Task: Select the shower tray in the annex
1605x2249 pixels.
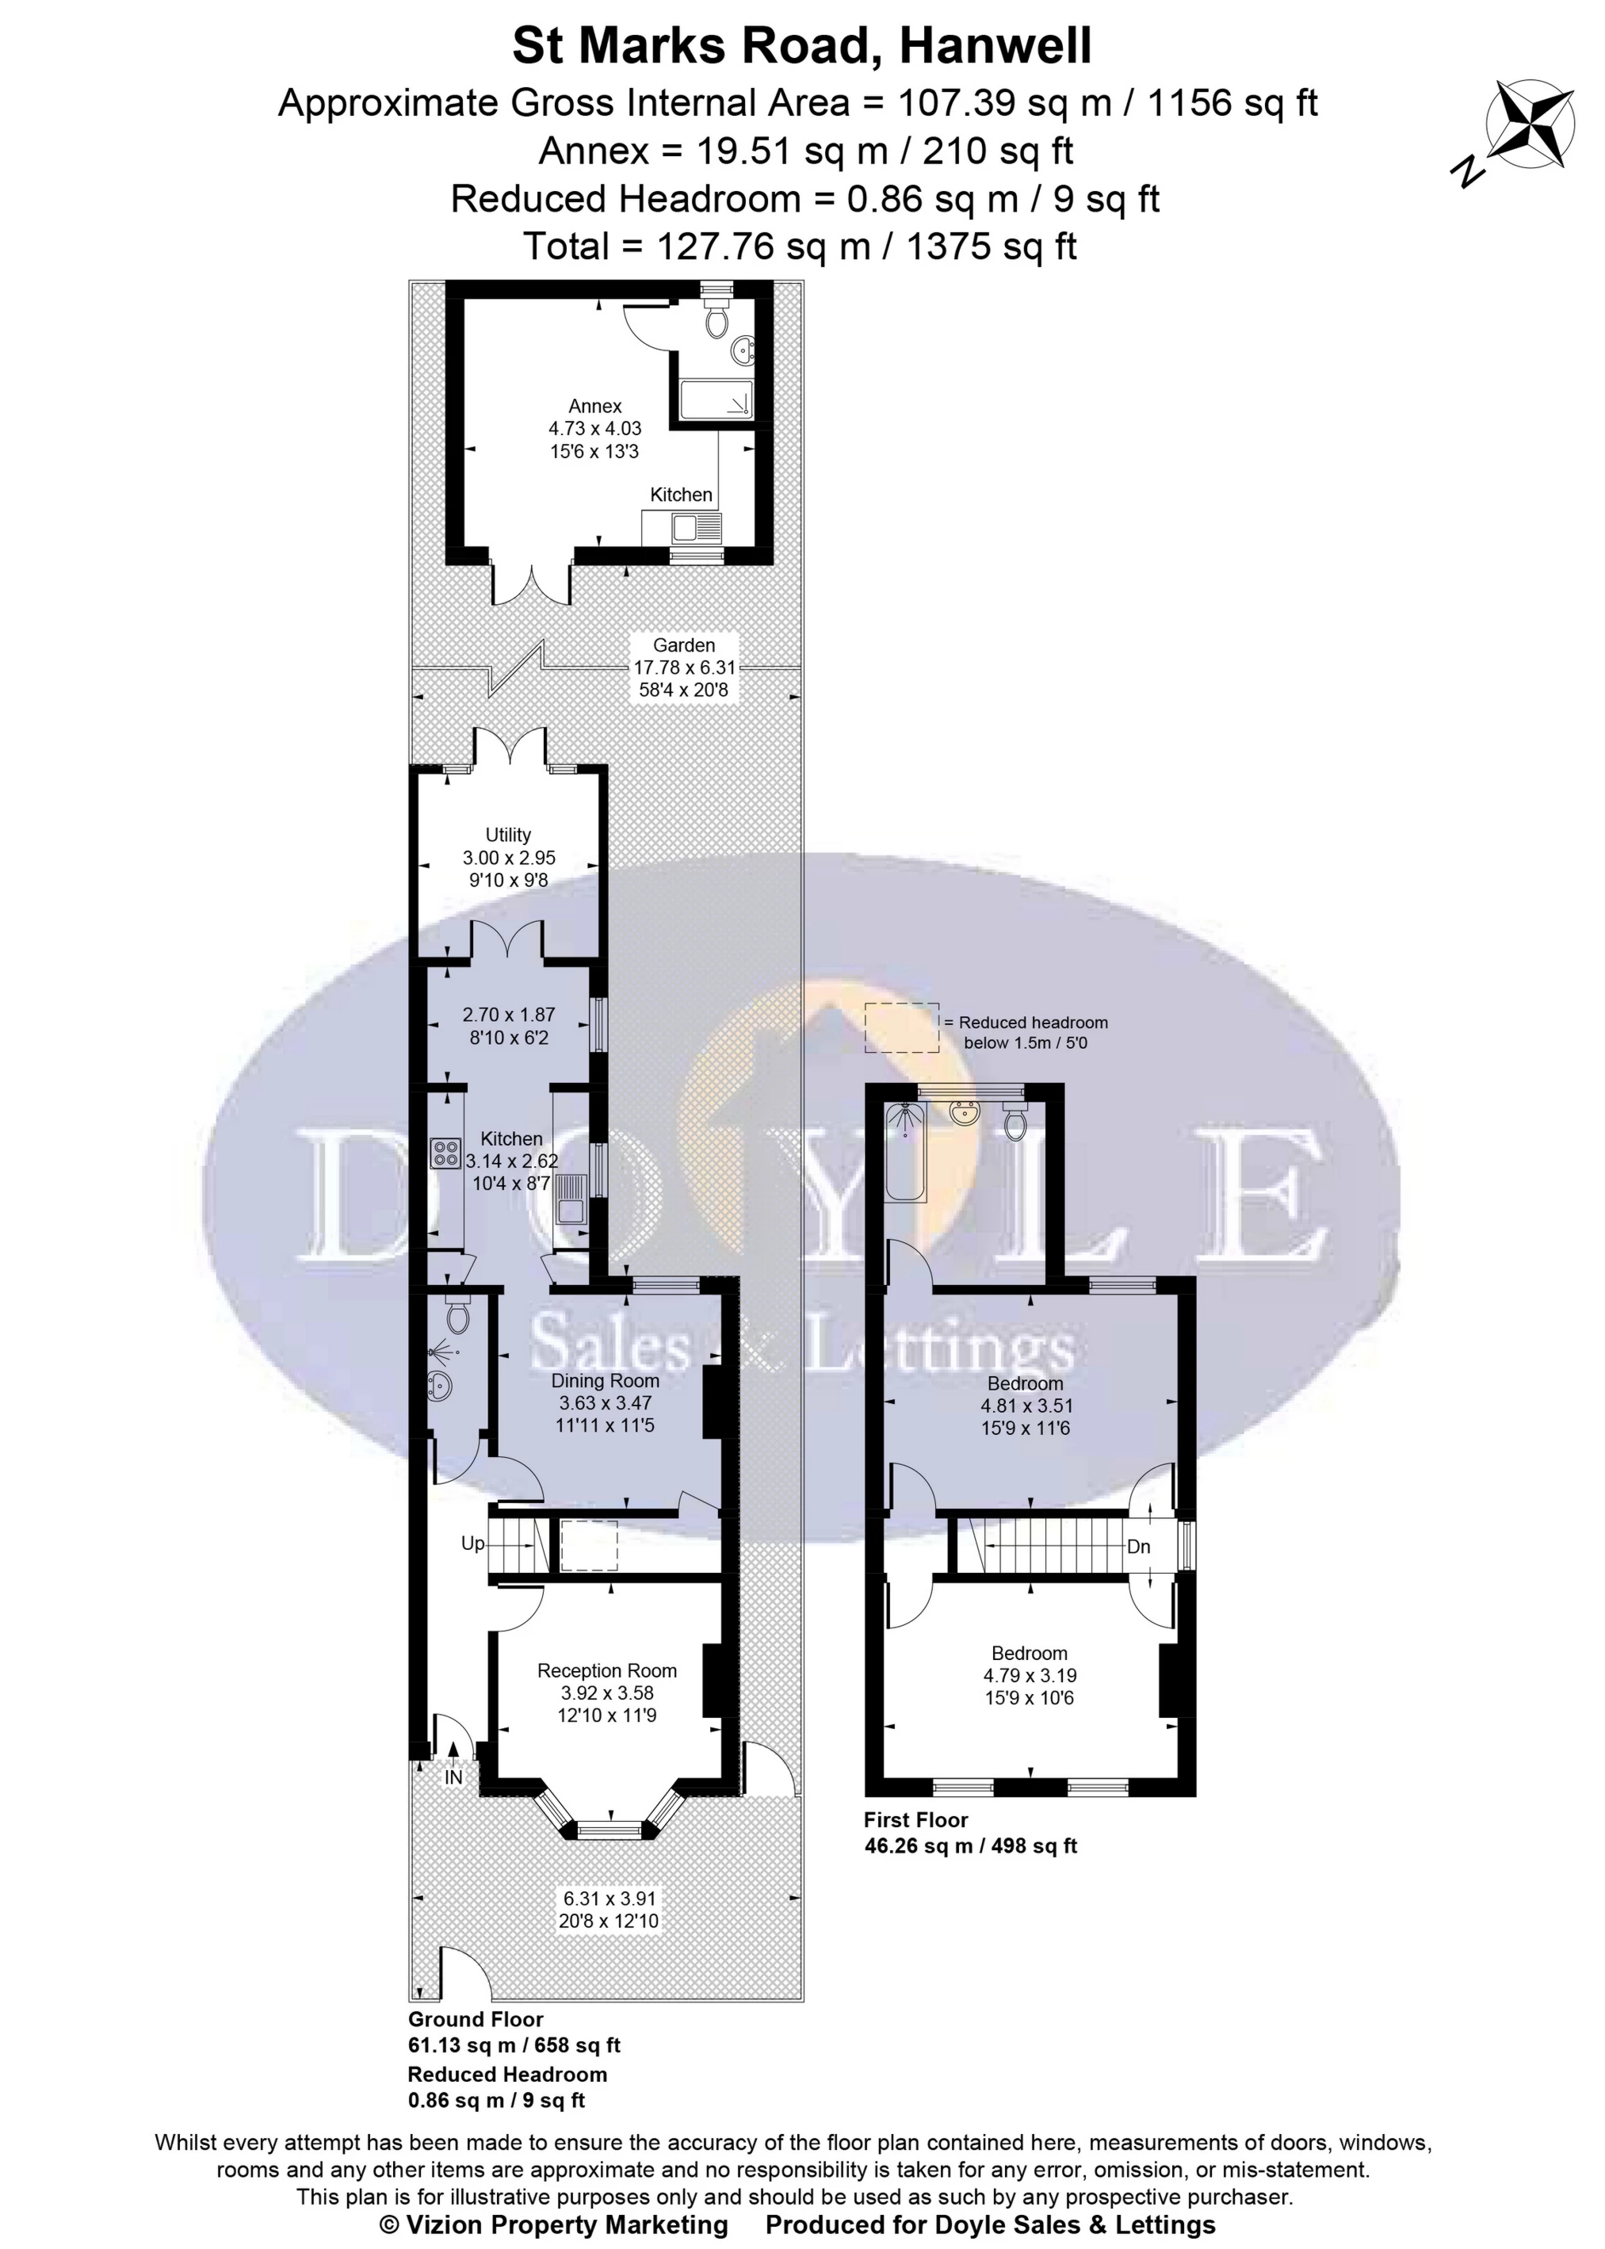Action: pyautogui.click(x=717, y=400)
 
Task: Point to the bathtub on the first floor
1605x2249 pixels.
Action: pyautogui.click(x=905, y=1153)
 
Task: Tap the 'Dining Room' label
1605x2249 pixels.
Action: pyautogui.click(x=605, y=1380)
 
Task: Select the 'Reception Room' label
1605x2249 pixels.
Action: pyautogui.click(x=607, y=1670)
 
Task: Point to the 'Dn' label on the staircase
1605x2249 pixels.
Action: pyautogui.click(x=1138, y=1546)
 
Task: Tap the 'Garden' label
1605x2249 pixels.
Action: pyautogui.click(x=684, y=644)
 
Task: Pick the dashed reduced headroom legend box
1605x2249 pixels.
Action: pyautogui.click(x=902, y=1028)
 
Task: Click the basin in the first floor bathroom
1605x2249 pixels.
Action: pyautogui.click(x=964, y=1113)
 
